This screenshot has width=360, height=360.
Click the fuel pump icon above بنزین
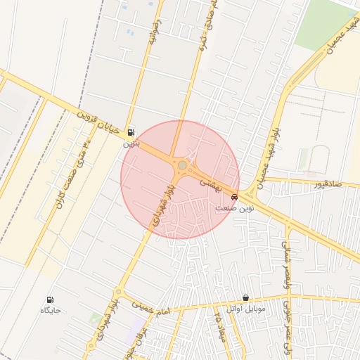pyautogui.click(x=131, y=132)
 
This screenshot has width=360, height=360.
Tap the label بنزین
pyautogui.click(x=131, y=143)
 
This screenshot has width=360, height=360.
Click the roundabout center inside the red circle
pyautogui.click(x=182, y=165)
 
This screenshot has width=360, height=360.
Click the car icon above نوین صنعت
pyautogui.click(x=234, y=198)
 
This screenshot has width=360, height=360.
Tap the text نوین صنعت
pyautogui.click(x=234, y=208)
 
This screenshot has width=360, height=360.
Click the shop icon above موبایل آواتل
pyautogui.click(x=245, y=299)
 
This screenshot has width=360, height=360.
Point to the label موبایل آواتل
pyautogui.click(x=245, y=309)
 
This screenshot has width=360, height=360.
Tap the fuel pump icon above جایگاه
pyautogui.click(x=50, y=300)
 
